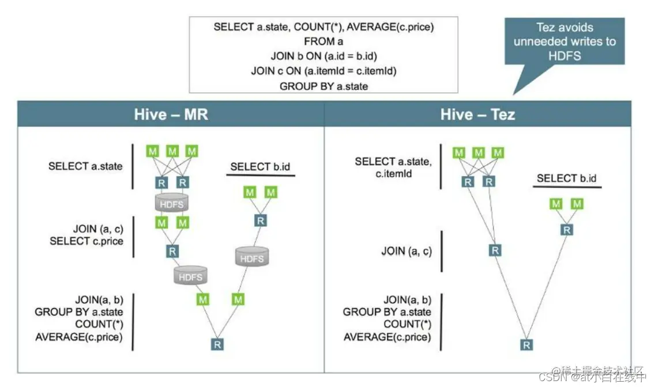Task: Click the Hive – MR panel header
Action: coord(171,114)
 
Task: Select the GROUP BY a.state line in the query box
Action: coord(323,86)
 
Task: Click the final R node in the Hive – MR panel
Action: coord(217,344)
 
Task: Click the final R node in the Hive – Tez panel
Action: coord(526,345)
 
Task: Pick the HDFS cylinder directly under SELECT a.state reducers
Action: coord(172,204)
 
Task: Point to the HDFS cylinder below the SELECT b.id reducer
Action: coord(252,257)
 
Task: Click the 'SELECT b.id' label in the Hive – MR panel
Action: coord(260,167)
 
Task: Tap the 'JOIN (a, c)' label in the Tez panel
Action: coord(406,251)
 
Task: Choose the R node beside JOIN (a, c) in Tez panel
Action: coord(495,250)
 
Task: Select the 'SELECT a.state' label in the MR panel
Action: coord(85,166)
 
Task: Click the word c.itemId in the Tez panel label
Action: coord(392,173)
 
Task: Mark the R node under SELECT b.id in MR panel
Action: coord(260,220)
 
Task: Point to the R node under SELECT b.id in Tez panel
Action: coord(567,230)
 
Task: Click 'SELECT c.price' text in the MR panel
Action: coord(86,241)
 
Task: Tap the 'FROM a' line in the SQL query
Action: coord(323,41)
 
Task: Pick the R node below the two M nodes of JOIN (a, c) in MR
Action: coord(172,251)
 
